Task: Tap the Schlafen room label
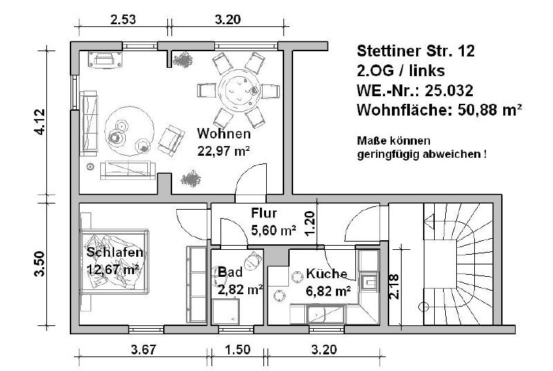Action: [115, 252]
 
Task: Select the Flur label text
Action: [265, 213]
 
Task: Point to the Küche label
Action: [327, 274]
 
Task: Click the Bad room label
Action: [230, 273]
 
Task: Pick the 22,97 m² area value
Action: [223, 150]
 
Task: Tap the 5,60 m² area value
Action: [274, 230]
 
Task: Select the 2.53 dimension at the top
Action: [123, 19]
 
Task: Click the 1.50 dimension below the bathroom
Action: [238, 350]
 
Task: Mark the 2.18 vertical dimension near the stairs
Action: [393, 287]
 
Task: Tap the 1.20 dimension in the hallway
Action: [311, 224]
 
